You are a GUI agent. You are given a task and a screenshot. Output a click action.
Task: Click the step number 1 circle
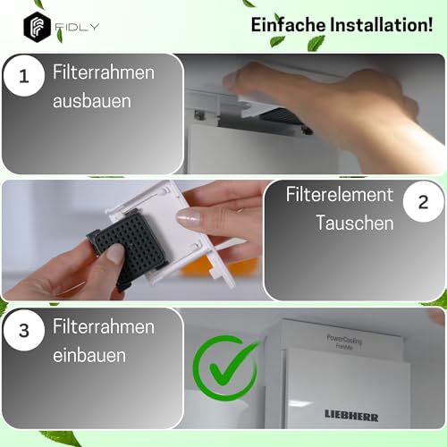point(24,79)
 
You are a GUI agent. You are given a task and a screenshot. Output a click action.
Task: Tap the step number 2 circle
point(423,205)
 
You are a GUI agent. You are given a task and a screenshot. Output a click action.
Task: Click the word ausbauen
point(91,101)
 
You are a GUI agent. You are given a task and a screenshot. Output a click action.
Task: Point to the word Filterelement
point(339,194)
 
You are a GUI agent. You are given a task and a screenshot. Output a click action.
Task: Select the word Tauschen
point(354,223)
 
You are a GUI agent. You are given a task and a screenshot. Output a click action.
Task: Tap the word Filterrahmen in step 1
point(104,72)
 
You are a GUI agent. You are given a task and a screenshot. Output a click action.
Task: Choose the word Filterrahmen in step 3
point(104,326)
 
